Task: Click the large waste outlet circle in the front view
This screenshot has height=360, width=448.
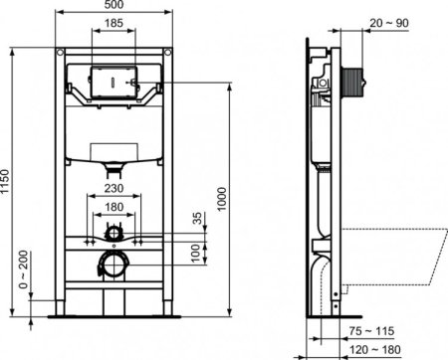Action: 114,265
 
